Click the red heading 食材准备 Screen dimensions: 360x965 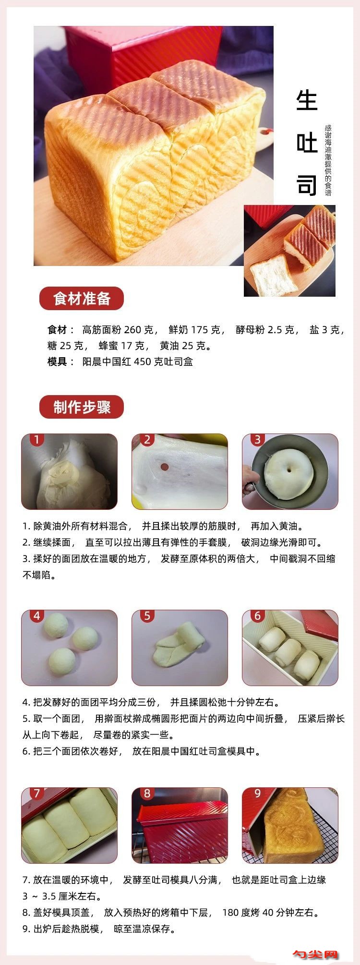(x=82, y=298)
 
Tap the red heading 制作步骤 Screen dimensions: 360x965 (x=82, y=407)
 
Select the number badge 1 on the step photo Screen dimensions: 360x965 (x=36, y=439)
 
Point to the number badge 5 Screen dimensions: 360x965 (x=147, y=615)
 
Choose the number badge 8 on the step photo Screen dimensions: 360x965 (x=147, y=794)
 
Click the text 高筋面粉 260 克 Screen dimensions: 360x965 (x=118, y=330)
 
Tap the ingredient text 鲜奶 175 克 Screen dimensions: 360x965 (x=194, y=330)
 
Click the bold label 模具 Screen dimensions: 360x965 (x=58, y=362)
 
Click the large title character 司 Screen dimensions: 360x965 (x=307, y=185)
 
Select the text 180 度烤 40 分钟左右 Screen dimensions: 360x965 (x=270, y=912)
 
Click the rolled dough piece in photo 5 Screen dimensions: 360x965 (x=179, y=645)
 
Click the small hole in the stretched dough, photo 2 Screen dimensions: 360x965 (x=164, y=466)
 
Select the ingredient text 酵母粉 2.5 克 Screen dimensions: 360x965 (x=265, y=330)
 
